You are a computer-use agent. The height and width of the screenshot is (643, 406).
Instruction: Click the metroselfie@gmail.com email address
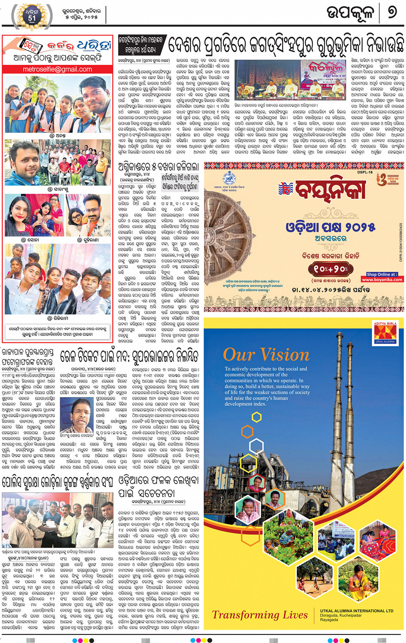point(57,69)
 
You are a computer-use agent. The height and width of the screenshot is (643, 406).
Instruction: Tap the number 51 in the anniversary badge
point(32,18)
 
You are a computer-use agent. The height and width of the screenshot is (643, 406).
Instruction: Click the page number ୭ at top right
point(392,12)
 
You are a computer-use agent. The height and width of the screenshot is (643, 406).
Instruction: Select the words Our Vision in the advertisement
point(266,355)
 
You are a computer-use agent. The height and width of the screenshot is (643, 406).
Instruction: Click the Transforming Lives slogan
point(259,615)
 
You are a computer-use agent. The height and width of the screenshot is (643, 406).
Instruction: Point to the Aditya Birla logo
point(385,333)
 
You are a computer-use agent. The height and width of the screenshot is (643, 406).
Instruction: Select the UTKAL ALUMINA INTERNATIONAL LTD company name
point(357,610)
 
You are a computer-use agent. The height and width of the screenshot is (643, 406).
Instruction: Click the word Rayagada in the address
point(329,620)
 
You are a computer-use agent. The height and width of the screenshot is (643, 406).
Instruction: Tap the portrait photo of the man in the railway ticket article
point(76,414)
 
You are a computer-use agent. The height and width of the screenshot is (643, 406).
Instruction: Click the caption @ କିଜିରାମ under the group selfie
point(58,318)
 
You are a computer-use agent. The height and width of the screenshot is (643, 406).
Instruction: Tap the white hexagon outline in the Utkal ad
point(256,445)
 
